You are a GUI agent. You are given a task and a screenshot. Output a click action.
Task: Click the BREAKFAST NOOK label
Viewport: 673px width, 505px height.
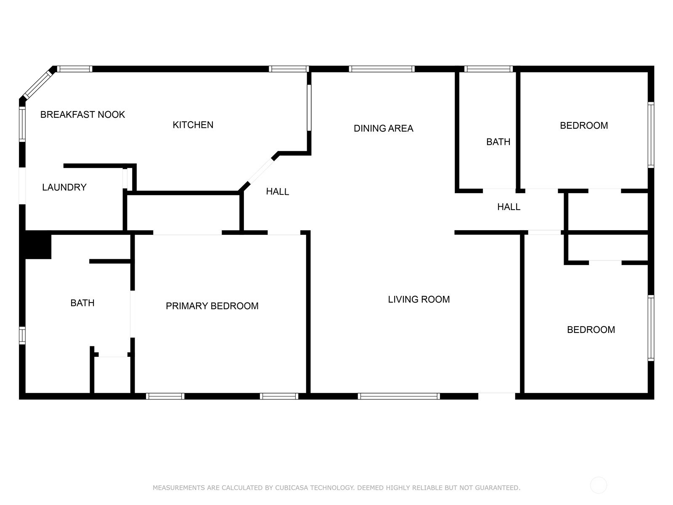82,114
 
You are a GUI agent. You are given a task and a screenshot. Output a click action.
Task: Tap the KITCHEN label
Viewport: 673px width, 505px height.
193,125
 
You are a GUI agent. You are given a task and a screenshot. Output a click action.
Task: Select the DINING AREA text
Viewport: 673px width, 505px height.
383,128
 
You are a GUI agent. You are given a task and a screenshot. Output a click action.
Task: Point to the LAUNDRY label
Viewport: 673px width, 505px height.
64,187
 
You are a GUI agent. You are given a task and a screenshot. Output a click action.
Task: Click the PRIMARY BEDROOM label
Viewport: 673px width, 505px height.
212,306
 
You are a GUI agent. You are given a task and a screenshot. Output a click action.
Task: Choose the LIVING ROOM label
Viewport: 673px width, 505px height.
419,300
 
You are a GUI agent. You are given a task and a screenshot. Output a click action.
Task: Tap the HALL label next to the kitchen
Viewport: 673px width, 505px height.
277,191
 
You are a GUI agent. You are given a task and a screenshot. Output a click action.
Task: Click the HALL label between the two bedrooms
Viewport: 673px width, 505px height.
509,207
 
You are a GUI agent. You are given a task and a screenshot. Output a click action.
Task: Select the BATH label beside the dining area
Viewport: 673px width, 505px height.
498,142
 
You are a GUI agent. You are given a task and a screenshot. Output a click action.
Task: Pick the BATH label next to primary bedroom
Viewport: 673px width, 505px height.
82,303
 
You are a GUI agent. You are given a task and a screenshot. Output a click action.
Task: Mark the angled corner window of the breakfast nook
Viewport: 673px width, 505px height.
38,85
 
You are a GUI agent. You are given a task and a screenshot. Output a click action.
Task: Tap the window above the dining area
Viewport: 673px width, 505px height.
382,69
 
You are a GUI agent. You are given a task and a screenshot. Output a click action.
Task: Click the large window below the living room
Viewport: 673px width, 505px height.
399,396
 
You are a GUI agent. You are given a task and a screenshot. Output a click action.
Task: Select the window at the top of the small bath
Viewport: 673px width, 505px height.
488,69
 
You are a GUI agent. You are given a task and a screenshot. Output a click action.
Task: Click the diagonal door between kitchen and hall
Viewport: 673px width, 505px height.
260,171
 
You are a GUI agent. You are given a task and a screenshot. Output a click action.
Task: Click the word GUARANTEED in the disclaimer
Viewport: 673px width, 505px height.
497,487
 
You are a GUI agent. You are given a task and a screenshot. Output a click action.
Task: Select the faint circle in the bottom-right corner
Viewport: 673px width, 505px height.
599,485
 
